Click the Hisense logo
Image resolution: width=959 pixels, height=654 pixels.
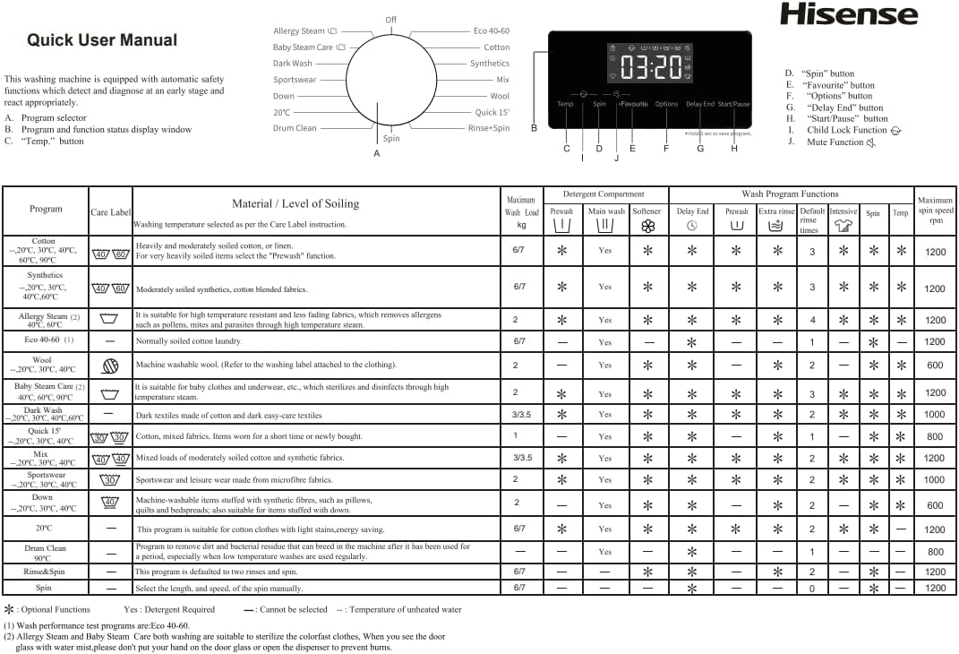click(x=848, y=14)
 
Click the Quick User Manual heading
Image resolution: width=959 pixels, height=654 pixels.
click(x=102, y=40)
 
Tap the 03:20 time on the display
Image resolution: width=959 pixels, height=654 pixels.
click(x=650, y=66)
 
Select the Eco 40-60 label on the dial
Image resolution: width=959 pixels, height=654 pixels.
click(x=492, y=30)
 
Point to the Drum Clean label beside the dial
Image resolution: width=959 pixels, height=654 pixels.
click(x=295, y=128)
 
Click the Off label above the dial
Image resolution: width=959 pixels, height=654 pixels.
click(x=391, y=20)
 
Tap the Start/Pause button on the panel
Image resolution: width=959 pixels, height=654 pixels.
click(x=733, y=104)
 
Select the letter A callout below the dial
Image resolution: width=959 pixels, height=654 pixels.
click(x=376, y=154)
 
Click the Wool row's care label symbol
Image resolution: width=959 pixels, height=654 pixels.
click(x=110, y=366)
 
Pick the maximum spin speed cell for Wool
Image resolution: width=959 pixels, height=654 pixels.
click(x=935, y=366)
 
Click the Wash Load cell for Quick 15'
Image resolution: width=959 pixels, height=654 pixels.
click(x=515, y=436)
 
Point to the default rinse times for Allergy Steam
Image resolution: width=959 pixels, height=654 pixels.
click(x=812, y=320)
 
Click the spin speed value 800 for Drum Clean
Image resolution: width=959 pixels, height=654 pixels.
click(x=935, y=552)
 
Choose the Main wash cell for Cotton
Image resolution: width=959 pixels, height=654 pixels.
click(x=605, y=251)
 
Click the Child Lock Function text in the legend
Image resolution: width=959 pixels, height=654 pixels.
click(x=846, y=130)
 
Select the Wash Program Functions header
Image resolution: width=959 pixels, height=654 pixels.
click(x=790, y=194)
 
